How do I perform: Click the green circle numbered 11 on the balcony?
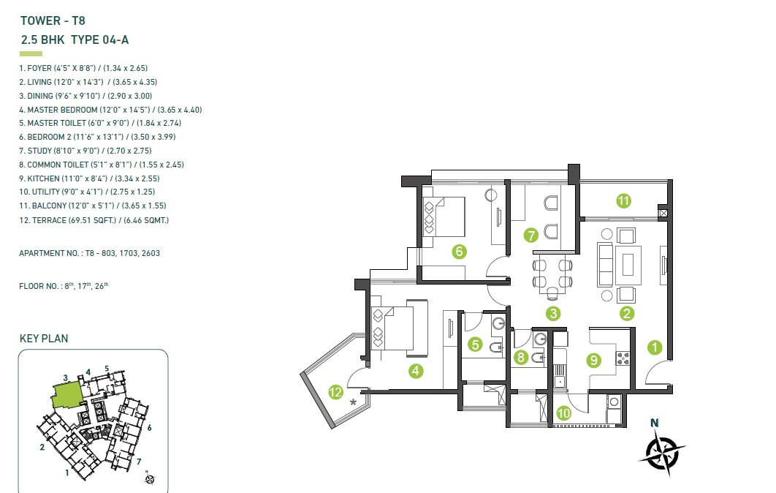click(623, 200)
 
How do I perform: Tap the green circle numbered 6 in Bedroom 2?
click(460, 252)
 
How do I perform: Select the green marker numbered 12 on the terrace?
click(335, 392)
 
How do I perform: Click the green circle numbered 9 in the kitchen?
click(593, 360)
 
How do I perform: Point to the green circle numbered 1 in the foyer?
click(655, 347)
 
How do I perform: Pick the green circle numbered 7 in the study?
click(531, 235)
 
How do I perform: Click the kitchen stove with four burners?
click(623, 358)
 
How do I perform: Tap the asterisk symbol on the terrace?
click(353, 402)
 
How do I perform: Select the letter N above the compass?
click(654, 423)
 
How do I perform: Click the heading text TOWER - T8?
click(53, 20)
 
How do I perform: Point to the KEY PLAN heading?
click(44, 339)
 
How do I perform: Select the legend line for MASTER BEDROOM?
click(110, 110)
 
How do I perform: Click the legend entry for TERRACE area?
click(94, 220)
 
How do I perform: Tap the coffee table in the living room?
click(628, 264)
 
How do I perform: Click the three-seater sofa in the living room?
click(605, 264)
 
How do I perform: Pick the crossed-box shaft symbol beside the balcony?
click(663, 214)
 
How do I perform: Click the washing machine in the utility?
click(614, 402)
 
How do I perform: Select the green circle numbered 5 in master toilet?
click(475, 344)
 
